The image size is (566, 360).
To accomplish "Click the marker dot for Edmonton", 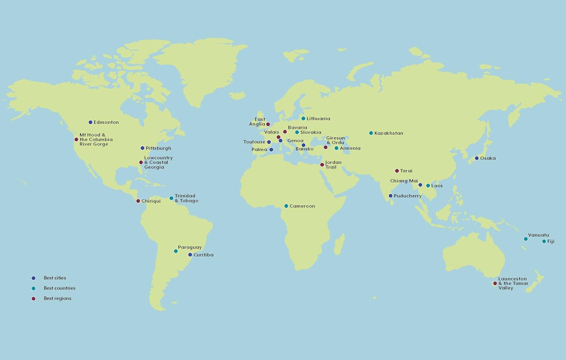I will point(91,122).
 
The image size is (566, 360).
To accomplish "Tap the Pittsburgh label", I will point(158,148).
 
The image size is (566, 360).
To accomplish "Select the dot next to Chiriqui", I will point(138,201).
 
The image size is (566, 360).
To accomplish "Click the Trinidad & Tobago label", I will point(186,198).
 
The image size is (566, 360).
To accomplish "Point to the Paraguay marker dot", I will point(176,251).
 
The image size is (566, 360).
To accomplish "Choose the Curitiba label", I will point(203,255).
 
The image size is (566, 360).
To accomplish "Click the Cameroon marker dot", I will point(286,206).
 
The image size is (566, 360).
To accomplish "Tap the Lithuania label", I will point(318,118).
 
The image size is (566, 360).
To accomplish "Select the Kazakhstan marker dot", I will point(371,133).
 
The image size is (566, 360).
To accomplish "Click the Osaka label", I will point(488,158).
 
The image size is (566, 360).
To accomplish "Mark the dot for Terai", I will point(397,171).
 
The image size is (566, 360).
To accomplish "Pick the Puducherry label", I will point(408,196).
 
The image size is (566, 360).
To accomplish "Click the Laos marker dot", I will point(428,186).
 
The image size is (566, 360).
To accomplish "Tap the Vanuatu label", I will point(538,235).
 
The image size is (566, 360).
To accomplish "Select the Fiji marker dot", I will point(544,242).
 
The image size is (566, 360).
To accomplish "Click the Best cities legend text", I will point(55,278).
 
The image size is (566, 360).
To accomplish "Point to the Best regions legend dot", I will point(34,298).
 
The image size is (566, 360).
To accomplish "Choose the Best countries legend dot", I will point(34,288).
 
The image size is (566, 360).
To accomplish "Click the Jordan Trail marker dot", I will point(322,165).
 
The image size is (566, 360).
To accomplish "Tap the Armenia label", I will point(350,148).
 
